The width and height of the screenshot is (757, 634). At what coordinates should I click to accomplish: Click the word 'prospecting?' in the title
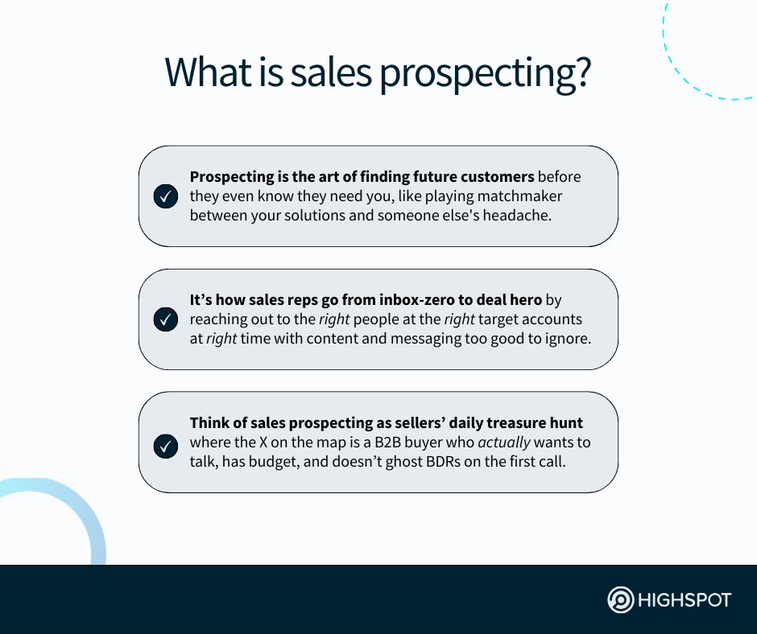point(485,74)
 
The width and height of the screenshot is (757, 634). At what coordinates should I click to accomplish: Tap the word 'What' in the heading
point(208,72)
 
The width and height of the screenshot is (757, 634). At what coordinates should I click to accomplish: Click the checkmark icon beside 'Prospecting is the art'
point(166,196)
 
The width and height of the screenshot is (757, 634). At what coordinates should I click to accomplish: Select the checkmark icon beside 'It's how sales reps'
point(166,319)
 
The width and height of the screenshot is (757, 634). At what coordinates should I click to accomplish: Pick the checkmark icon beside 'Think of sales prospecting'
point(166,447)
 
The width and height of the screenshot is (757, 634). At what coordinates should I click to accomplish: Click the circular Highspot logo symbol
point(620,599)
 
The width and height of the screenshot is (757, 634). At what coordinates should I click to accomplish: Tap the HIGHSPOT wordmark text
point(685,600)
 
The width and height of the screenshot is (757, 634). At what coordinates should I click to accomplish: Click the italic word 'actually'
point(504,443)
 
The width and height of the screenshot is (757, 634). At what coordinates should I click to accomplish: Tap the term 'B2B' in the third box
point(387,443)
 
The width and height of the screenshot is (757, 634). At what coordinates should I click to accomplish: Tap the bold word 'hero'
point(526,299)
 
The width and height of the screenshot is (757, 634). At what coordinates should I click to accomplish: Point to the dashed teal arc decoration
point(681,72)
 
